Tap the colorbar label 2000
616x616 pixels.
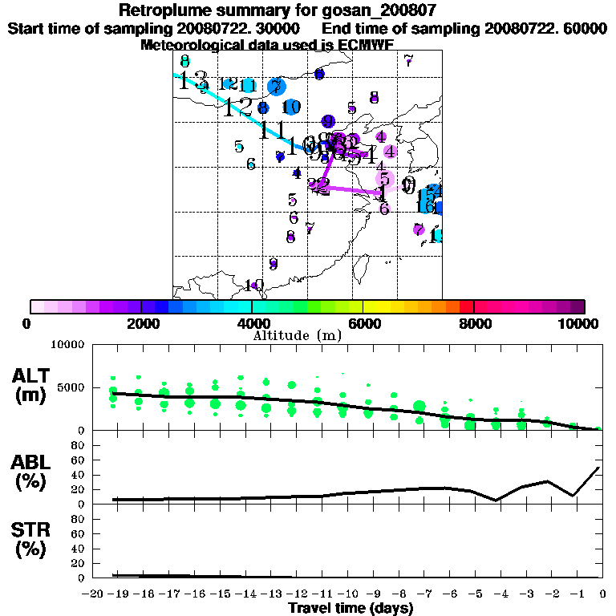click(141, 323)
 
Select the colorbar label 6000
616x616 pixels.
click(363, 323)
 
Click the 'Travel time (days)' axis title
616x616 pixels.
click(351, 609)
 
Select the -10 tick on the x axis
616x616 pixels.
click(348, 594)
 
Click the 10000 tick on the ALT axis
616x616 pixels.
click(67, 345)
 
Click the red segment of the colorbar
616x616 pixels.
click(466, 306)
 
